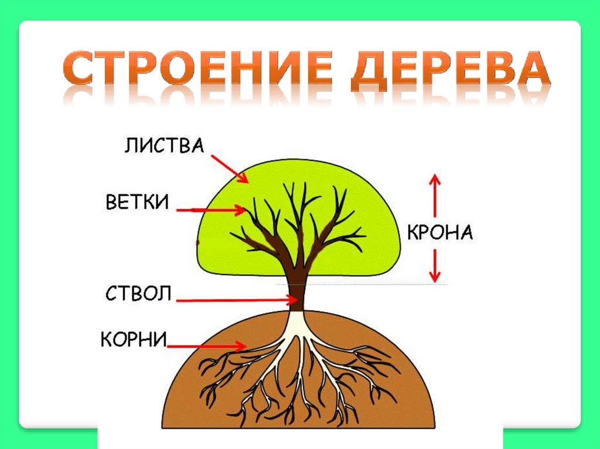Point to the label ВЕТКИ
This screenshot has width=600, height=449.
tap(137, 202)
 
